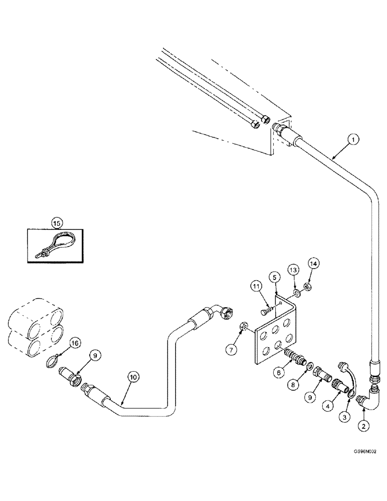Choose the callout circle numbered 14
(x=313, y=263)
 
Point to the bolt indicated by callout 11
(x=268, y=311)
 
